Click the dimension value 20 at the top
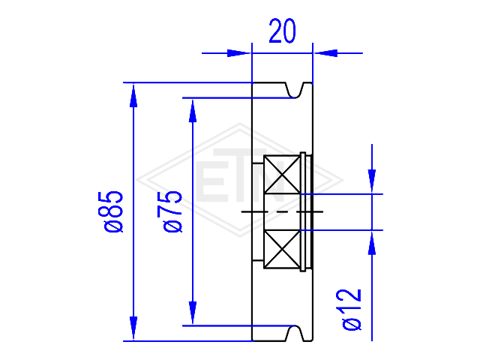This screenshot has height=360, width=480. (282, 31)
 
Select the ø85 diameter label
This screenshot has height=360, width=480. (113, 211)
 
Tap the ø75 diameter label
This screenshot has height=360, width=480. (173, 211)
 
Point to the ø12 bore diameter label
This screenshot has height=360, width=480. (352, 310)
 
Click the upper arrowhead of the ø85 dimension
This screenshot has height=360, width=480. (133, 95)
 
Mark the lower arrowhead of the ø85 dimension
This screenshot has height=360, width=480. (133, 328)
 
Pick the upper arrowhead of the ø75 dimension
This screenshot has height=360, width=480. (193, 111)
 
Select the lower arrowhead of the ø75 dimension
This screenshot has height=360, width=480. (193, 313)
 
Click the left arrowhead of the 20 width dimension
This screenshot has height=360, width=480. (238, 53)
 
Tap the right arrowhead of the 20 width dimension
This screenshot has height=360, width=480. (325, 53)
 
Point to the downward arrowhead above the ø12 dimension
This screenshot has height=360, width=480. (372, 181)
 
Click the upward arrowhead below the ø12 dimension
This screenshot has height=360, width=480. (372, 243)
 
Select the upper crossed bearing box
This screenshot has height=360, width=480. (282, 175)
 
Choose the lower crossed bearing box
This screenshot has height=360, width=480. (282, 250)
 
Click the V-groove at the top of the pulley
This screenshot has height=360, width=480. (295, 91)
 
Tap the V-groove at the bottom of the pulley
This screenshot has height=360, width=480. (295, 333)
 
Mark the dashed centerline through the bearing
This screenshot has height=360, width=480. (282, 211)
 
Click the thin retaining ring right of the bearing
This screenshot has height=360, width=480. (303, 211)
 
